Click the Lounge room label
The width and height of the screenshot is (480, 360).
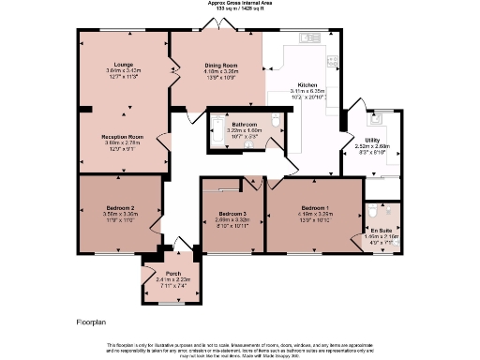pyautogui.click(x=124, y=64)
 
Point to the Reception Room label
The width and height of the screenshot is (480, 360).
pyautogui.click(x=123, y=137)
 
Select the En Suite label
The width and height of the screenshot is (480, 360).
pyautogui.click(x=382, y=230)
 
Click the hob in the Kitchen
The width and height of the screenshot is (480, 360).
pyautogui.click(x=336, y=66)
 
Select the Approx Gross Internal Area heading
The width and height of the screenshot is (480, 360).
pyautogui.click(x=240, y=4)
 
